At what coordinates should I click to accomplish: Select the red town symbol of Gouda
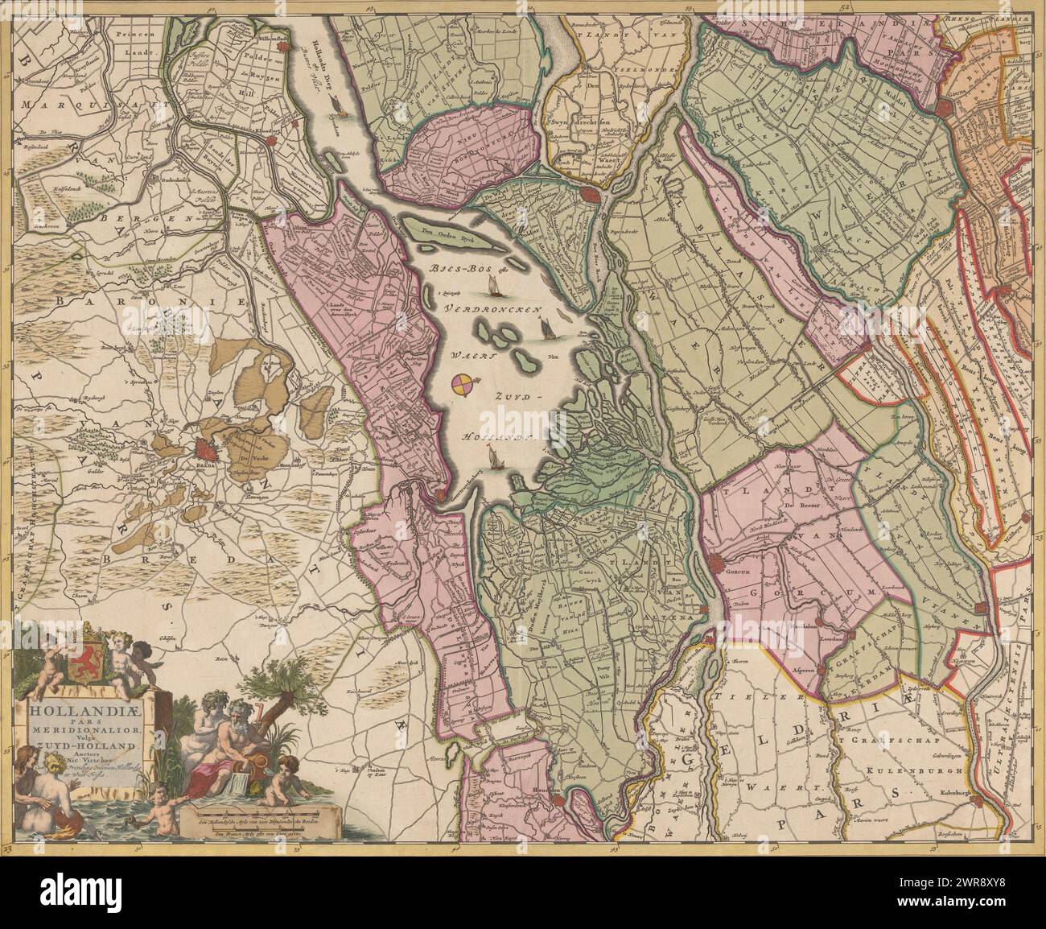(x=944, y=109)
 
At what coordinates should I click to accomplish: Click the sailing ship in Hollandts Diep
(x=340, y=110)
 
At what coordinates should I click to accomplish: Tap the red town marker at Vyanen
(x=979, y=607)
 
